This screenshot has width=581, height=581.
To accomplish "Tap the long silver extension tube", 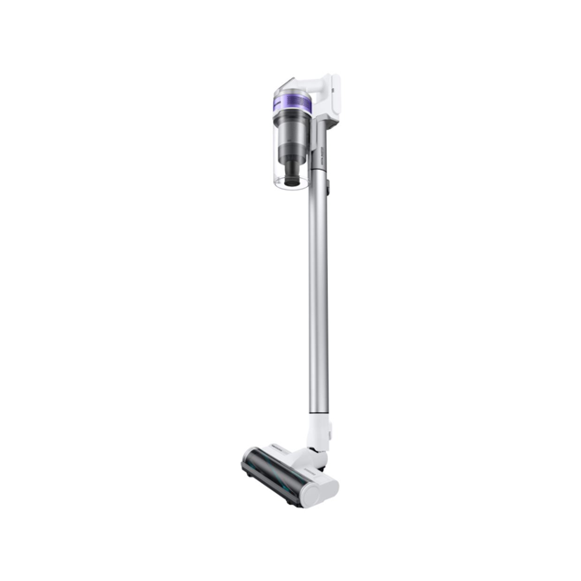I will [318, 290].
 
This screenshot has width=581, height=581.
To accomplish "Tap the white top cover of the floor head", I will [290, 451].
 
